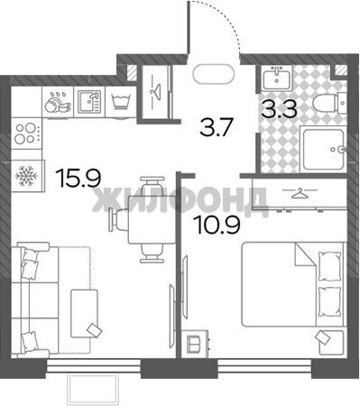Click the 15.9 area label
(x=79, y=178)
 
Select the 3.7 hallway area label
(x=217, y=127)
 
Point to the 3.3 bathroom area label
(x=279, y=109)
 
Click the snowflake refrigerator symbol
(x=26, y=176)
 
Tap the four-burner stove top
(x=26, y=134)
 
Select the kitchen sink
(x=89, y=102)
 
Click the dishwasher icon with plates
(x=58, y=102)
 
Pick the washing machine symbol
(x=121, y=102)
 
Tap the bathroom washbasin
(x=276, y=78)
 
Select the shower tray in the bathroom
(x=323, y=150)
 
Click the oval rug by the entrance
(x=214, y=74)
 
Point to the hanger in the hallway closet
(x=156, y=89)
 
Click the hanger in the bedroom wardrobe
(x=300, y=193)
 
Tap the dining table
(x=152, y=219)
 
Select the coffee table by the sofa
(x=84, y=313)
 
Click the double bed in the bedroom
(x=292, y=284)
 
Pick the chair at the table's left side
(x=119, y=219)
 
